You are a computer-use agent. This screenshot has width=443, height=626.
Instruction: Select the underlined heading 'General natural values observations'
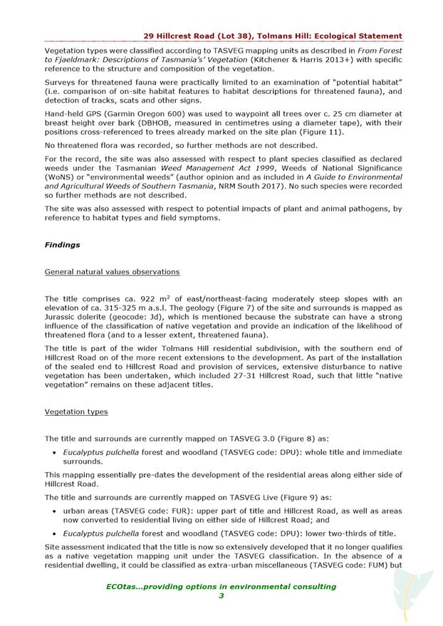pyautogui.click(x=112, y=272)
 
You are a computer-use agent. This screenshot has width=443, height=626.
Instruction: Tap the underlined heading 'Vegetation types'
pyautogui.click(x=76, y=412)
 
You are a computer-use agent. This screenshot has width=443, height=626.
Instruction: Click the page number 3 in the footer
pyautogui.click(x=221, y=596)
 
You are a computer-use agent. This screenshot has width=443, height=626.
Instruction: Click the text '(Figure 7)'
pyautogui.click(x=266, y=308)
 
